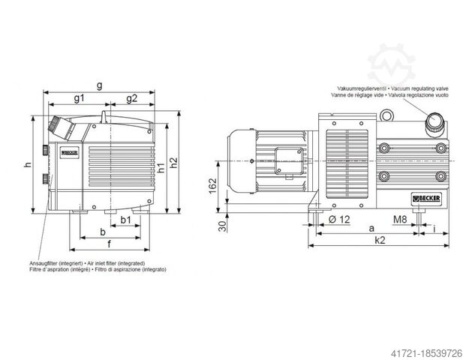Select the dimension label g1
79,99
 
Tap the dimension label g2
131,99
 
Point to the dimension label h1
162,168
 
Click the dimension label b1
126,220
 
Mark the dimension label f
110,244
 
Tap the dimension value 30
221,228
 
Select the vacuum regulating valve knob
434,121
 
